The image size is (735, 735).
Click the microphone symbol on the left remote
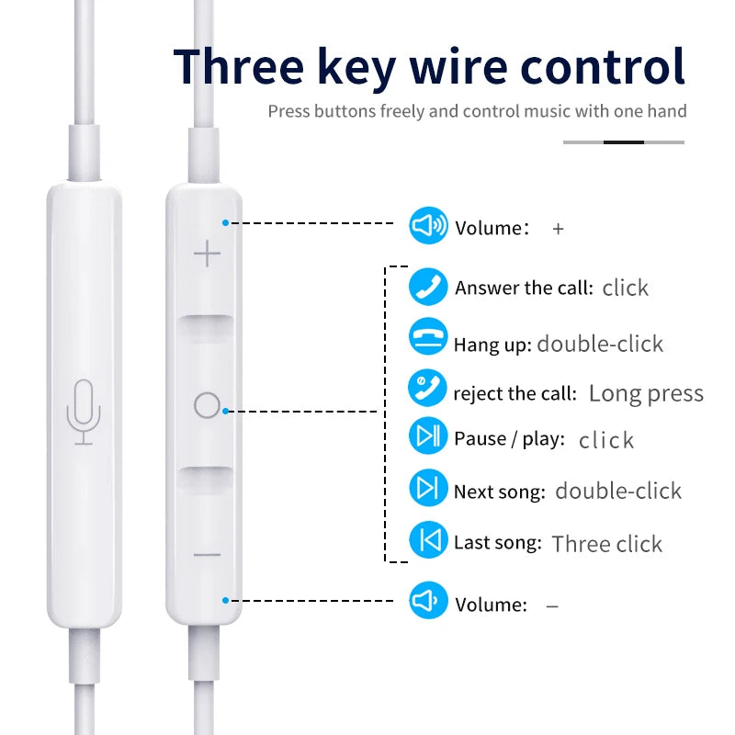[x=84, y=413]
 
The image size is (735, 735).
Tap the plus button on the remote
[x=207, y=254]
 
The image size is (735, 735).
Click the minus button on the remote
[x=207, y=555]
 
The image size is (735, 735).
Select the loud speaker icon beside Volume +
[x=428, y=225]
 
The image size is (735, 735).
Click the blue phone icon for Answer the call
[x=428, y=287]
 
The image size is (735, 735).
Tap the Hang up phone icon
[x=428, y=336]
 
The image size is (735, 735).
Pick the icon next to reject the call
[x=427, y=388]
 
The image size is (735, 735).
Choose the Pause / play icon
[x=428, y=435]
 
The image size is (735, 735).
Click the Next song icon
[x=428, y=488]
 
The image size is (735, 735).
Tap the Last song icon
[x=429, y=539]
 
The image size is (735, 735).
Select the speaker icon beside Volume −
[x=428, y=600]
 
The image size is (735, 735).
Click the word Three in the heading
[x=239, y=66]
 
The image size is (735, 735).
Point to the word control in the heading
[x=603, y=66]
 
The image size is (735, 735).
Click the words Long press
[x=646, y=394]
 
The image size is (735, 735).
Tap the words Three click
[x=607, y=544]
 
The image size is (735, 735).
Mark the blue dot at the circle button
[x=225, y=411]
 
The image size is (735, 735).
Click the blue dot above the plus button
[x=225, y=222]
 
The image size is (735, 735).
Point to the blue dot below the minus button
[x=225, y=601]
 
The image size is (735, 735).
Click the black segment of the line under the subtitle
[x=624, y=142]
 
